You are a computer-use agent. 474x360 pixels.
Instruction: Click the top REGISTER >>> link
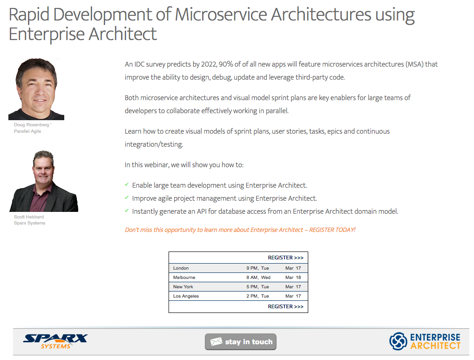click(x=285, y=258)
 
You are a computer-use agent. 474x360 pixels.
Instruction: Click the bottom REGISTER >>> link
click(x=285, y=306)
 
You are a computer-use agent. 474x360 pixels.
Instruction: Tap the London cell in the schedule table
click(x=181, y=268)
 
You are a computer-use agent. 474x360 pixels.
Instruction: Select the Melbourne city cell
click(x=184, y=278)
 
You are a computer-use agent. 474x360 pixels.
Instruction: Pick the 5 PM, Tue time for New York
click(x=257, y=287)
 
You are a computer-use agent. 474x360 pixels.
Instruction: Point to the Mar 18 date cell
click(x=293, y=278)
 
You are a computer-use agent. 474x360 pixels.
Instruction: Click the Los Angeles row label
click(x=186, y=296)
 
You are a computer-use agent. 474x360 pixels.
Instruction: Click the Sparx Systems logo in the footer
click(x=55, y=341)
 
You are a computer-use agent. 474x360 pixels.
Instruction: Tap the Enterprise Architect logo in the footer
click(x=425, y=341)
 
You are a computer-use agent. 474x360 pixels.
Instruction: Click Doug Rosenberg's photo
click(x=36, y=89)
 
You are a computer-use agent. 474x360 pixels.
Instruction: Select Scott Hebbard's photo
click(x=44, y=181)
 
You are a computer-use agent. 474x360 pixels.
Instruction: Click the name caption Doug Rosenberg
click(x=31, y=125)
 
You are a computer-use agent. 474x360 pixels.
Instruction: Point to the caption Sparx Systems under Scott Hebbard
click(x=29, y=223)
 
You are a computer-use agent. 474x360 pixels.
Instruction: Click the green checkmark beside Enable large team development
click(x=127, y=185)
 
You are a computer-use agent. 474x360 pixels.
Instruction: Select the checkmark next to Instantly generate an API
click(x=127, y=211)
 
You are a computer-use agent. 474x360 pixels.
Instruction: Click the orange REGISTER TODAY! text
click(x=332, y=230)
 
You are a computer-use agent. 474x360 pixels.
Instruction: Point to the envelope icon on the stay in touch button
click(x=216, y=342)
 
